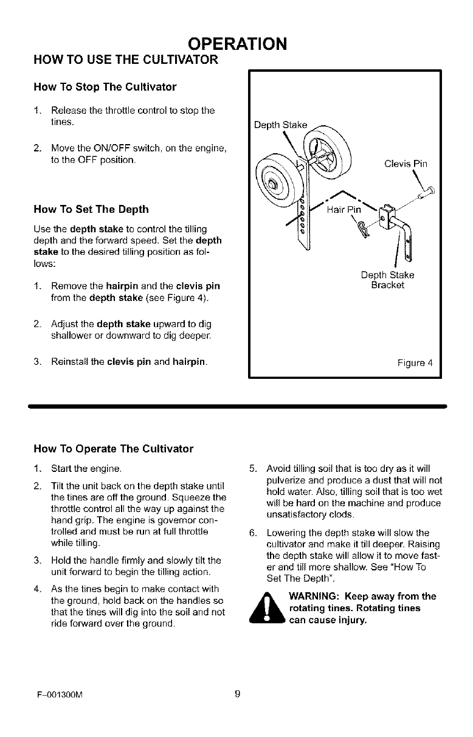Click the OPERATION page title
click(236, 44)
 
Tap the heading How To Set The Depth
click(91, 209)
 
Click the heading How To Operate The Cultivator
click(113, 449)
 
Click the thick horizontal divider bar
click(236, 404)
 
